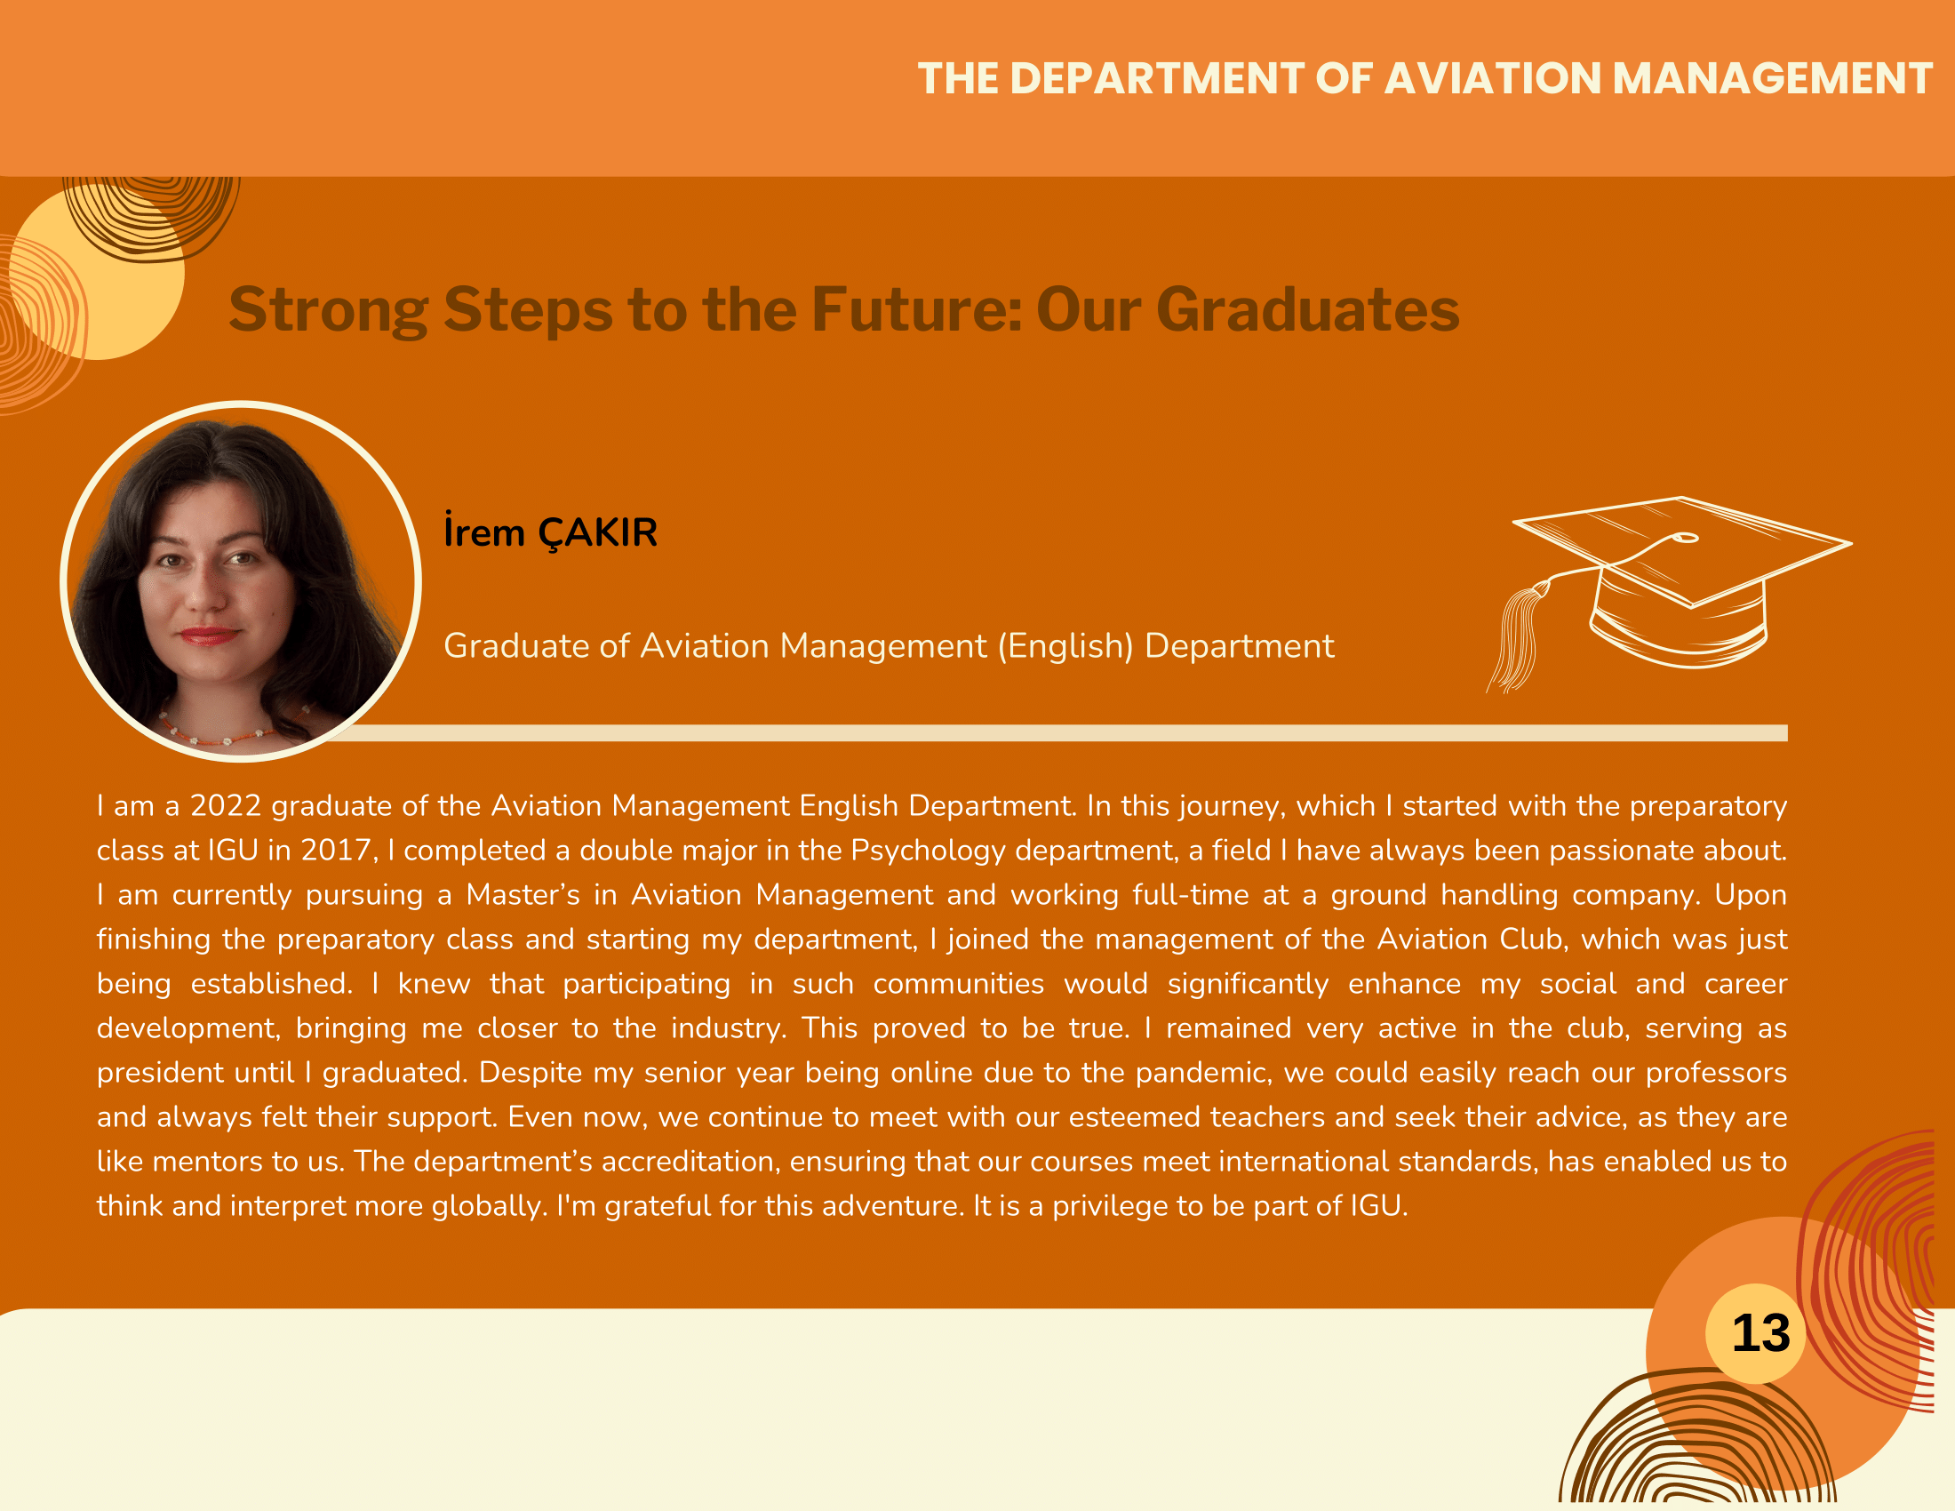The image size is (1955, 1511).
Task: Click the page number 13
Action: pos(1760,1333)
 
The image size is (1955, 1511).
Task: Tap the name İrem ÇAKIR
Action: pos(551,532)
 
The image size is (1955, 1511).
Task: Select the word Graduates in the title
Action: pos(1308,309)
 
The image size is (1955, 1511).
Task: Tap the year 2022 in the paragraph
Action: pos(226,805)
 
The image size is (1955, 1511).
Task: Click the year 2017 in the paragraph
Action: pos(336,850)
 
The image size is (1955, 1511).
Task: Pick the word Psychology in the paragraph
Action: pos(929,851)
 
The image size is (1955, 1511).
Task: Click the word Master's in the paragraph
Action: pos(523,894)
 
